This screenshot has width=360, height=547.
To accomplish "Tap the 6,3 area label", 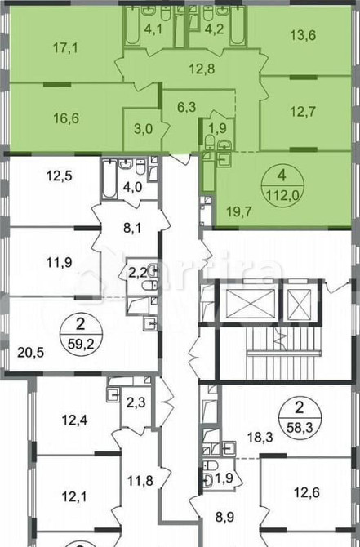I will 188,104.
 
